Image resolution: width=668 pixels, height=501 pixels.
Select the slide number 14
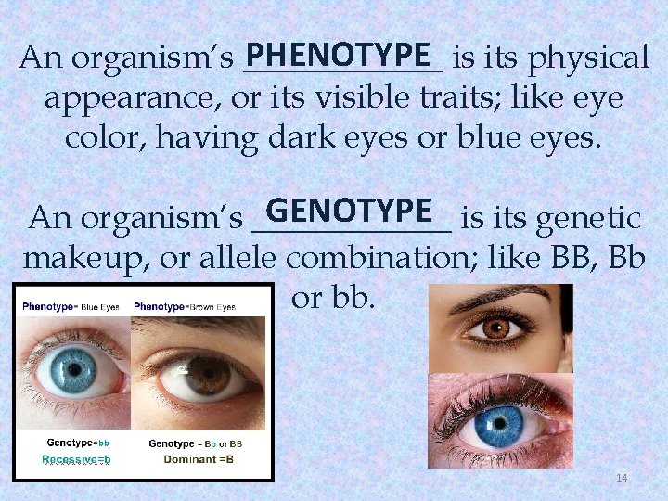(622, 478)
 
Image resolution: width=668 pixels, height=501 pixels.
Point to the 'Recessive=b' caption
(76, 459)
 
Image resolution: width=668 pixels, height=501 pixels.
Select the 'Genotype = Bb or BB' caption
(195, 443)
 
